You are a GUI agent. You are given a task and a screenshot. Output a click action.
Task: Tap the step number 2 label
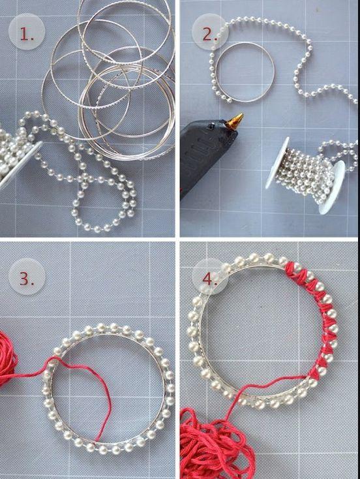210,35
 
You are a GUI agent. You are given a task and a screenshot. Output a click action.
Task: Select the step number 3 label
27,278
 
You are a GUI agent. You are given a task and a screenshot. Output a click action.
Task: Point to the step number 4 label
210,279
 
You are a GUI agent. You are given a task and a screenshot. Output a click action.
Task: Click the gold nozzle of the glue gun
235,121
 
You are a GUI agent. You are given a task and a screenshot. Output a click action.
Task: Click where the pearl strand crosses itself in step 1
83,178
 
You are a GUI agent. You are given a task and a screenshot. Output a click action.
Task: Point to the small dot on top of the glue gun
211,126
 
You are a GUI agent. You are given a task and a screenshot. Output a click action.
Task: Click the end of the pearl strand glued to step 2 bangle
229,99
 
